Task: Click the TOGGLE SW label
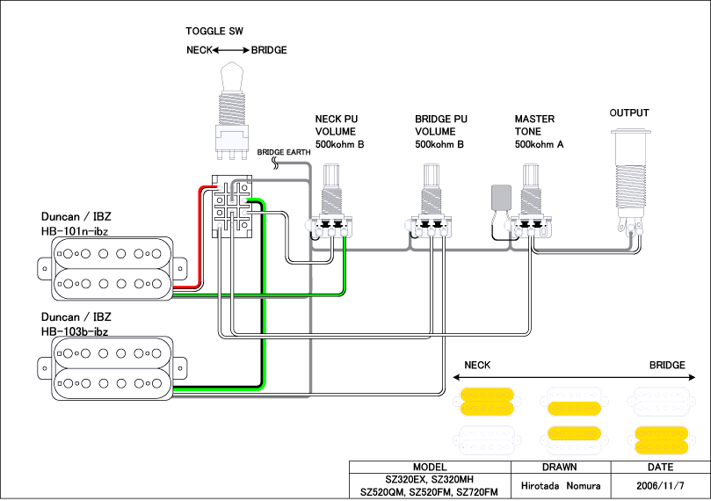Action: coord(214,31)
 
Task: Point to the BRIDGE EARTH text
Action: coord(283,152)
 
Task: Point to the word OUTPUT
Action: coord(629,113)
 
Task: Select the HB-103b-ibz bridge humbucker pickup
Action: coord(110,367)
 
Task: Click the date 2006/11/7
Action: coord(661,485)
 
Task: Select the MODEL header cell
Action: coord(430,467)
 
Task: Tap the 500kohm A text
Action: coord(540,144)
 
